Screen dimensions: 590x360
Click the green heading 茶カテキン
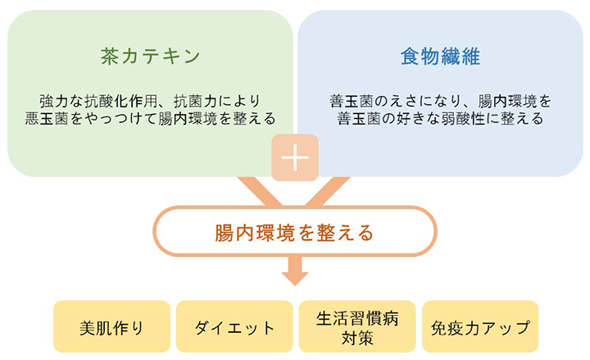[x=150, y=57]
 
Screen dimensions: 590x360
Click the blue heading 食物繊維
[x=440, y=57]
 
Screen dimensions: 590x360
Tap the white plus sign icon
[x=295, y=157]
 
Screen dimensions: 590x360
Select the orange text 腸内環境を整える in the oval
[x=294, y=232]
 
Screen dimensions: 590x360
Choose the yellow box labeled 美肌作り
[x=111, y=326]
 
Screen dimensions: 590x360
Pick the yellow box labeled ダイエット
[x=234, y=326]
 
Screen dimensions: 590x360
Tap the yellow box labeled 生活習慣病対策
[x=357, y=326]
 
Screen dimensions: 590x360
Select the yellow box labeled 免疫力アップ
[x=480, y=326]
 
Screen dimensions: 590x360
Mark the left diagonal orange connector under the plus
[x=261, y=191]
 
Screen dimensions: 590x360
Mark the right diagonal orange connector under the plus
[x=327, y=191]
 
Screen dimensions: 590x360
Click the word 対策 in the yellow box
[x=357, y=338]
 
